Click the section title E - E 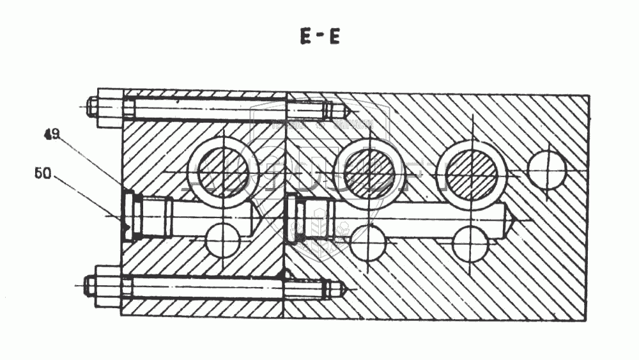coord(319,37)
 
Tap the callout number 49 coord(52,134)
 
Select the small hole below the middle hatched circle coord(367,244)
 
